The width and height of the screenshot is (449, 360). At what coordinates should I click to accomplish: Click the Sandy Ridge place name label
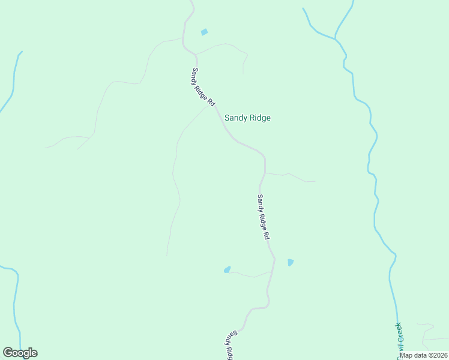click(x=247, y=118)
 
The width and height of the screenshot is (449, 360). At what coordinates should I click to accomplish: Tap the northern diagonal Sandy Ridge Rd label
click(x=203, y=88)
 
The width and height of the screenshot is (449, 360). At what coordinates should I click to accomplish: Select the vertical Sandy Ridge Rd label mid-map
click(x=263, y=217)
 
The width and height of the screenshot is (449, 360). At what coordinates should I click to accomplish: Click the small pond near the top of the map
click(x=204, y=32)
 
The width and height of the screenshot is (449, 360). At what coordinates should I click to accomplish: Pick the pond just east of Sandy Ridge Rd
click(x=291, y=262)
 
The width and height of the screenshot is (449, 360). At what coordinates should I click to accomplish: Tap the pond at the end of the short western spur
click(x=227, y=269)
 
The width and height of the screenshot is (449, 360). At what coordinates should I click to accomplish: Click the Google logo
click(x=20, y=353)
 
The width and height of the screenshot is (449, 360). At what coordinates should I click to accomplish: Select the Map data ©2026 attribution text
click(x=423, y=355)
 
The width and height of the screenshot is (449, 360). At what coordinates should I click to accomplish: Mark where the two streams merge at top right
click(x=336, y=39)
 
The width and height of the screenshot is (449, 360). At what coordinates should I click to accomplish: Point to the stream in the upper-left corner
click(x=13, y=78)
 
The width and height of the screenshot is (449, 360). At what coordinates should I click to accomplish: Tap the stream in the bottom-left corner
click(x=16, y=306)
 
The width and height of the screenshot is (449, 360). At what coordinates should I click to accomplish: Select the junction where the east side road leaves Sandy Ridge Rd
click(x=265, y=173)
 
